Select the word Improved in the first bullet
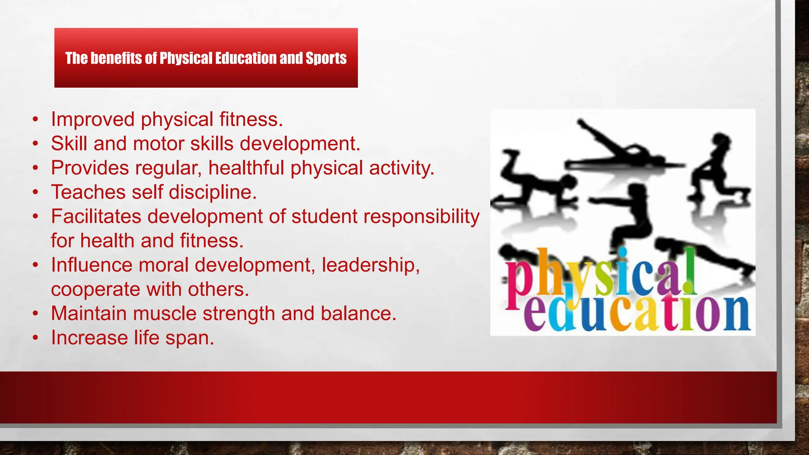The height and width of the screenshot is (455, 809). pyautogui.click(x=93, y=119)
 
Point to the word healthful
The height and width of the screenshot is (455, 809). pyautogui.click(x=246, y=168)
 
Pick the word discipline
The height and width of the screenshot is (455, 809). pyautogui.click(x=213, y=192)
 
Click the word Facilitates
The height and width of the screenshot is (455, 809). pyautogui.click(x=96, y=216)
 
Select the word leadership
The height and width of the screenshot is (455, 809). pyautogui.click(x=370, y=265)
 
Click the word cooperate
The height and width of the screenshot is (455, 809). pyautogui.click(x=96, y=290)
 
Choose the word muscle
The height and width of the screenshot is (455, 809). pyautogui.click(x=165, y=314)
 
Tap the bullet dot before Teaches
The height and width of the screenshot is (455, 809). pyautogui.click(x=36, y=192)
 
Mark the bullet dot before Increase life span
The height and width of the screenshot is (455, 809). pyautogui.click(x=36, y=338)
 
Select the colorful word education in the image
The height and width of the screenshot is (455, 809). pyautogui.click(x=636, y=314)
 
